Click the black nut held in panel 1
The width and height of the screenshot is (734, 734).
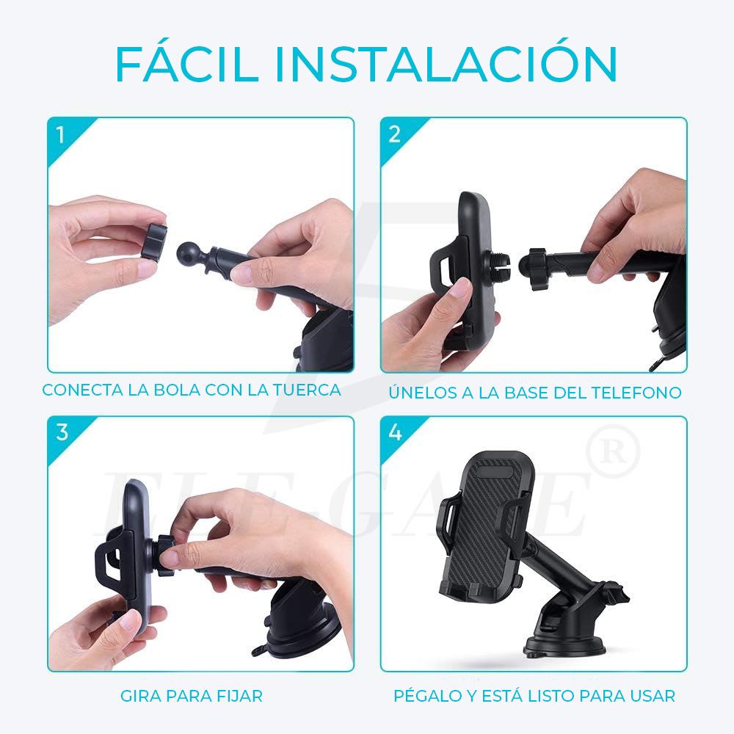[155, 242]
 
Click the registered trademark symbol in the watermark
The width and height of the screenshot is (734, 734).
[618, 450]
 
